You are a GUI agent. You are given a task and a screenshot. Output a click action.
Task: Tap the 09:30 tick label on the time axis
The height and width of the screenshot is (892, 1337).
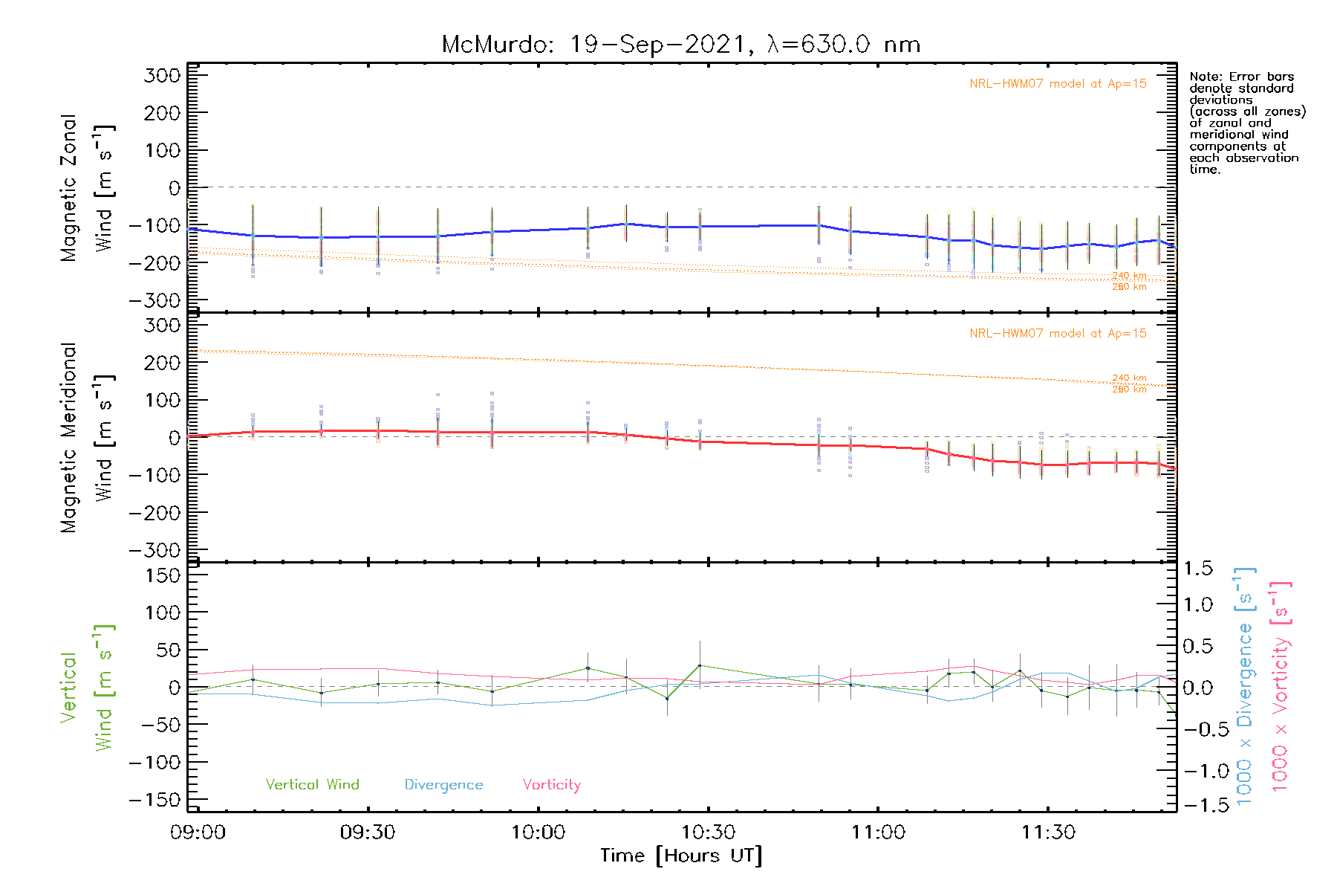(368, 833)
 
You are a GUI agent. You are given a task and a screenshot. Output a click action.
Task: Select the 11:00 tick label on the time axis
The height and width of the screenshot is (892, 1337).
(878, 833)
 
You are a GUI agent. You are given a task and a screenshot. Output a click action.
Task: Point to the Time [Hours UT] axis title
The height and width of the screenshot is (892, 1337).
(681, 856)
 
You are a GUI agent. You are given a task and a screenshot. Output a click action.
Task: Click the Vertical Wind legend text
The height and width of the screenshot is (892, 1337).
(312, 785)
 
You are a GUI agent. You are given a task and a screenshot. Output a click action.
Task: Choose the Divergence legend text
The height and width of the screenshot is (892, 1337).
(443, 785)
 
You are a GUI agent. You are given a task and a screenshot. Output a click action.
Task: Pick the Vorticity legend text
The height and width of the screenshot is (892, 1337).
(551, 785)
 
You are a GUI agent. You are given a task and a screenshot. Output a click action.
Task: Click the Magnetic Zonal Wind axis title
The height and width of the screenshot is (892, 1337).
(88, 187)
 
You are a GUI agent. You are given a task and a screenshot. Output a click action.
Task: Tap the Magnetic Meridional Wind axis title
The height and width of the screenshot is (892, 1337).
(88, 437)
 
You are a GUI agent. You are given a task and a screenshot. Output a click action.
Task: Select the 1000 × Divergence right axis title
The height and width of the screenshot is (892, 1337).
(1245, 687)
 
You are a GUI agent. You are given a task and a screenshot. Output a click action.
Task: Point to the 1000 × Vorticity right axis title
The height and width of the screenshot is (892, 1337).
(1281, 687)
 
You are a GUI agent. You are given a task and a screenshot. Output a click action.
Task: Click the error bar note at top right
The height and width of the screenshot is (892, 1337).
(1246, 123)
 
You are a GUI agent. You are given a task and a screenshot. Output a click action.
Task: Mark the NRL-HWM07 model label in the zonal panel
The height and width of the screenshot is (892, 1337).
(1058, 84)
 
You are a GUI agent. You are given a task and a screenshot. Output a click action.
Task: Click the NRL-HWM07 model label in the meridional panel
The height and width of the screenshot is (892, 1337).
(1058, 334)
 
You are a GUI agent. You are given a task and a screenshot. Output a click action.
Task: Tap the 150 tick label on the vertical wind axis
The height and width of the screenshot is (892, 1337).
(163, 576)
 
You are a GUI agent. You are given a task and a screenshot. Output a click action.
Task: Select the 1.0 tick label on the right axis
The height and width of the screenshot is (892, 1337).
(1197, 604)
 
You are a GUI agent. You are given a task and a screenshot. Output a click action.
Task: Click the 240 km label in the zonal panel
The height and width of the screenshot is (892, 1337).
(1129, 276)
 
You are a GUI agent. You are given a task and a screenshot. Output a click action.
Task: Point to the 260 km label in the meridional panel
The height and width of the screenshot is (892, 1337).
(1129, 390)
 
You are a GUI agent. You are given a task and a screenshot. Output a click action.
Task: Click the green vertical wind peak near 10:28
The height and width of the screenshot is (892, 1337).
(699, 665)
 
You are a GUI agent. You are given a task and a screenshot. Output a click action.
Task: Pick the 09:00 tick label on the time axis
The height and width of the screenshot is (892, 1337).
(198, 833)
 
